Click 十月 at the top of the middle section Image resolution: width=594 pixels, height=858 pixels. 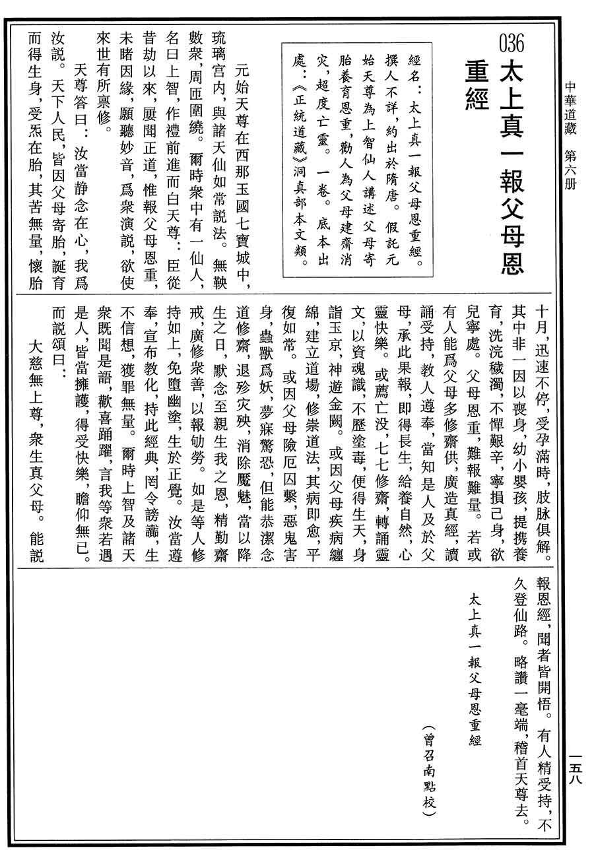pos(540,319)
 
